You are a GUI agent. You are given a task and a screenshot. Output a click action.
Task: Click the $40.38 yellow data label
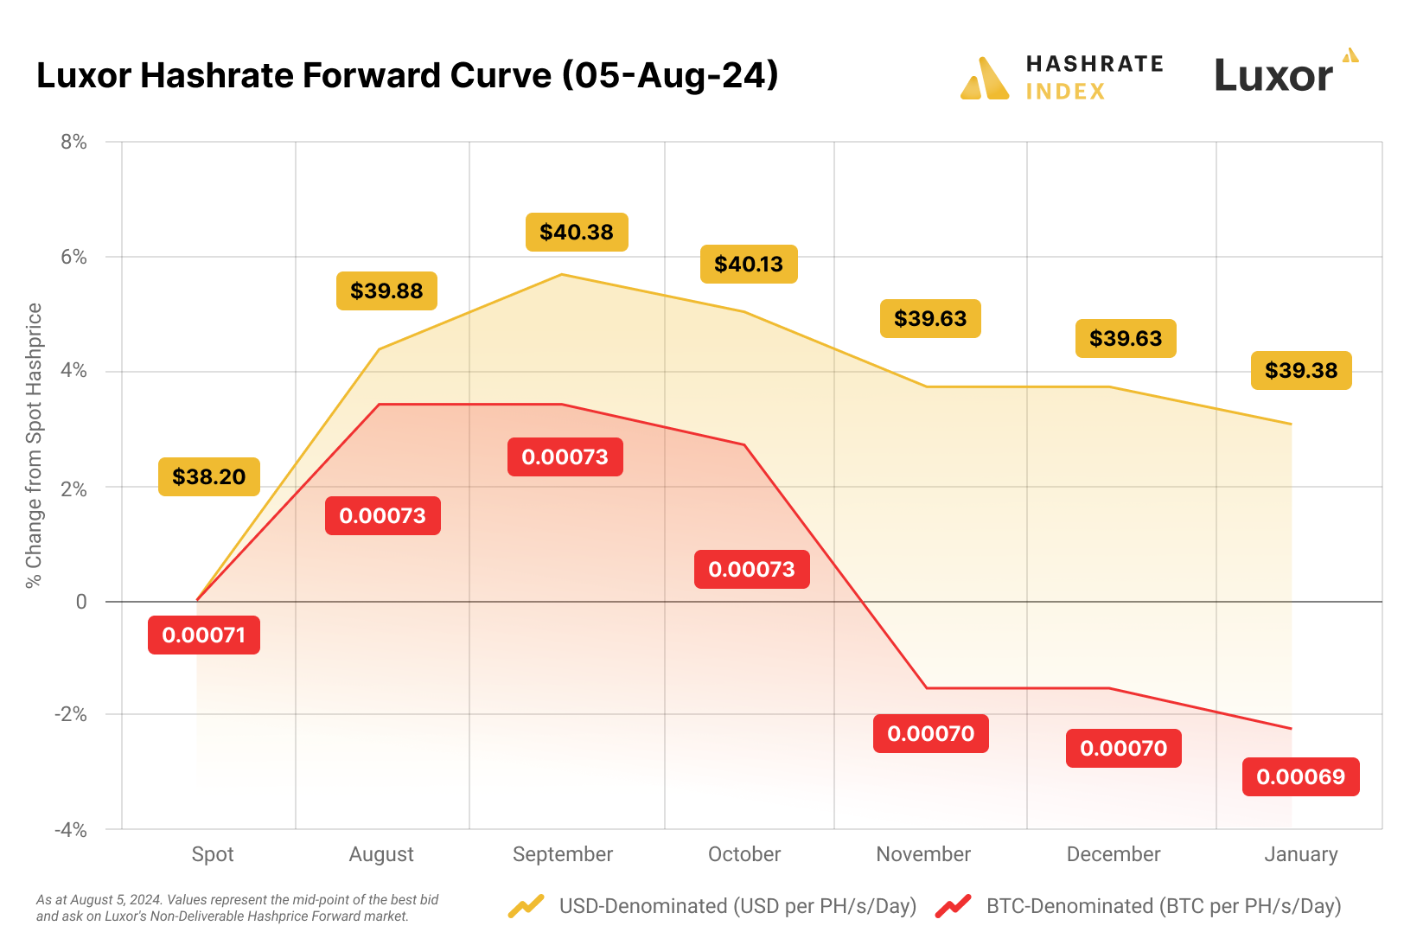(577, 233)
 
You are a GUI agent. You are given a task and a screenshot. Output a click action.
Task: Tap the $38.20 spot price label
(209, 476)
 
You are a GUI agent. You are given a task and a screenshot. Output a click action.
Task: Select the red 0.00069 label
(1300, 776)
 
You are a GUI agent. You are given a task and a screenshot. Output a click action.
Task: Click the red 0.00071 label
(204, 635)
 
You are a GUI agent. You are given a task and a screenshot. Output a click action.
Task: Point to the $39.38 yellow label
(1300, 371)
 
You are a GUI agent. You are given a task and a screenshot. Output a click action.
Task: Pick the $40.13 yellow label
(749, 264)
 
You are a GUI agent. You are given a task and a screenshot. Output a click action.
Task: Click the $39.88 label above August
(386, 291)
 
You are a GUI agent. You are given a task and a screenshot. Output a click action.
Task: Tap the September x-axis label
(563, 854)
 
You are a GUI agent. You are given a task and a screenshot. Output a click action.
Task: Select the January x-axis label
(1300, 854)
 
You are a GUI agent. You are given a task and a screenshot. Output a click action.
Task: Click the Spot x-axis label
(213, 854)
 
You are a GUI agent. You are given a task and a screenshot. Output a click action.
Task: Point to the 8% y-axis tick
(74, 142)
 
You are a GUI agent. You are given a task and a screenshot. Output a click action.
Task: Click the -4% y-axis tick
(71, 830)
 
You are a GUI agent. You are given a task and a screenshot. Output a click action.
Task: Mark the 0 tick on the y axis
(81, 602)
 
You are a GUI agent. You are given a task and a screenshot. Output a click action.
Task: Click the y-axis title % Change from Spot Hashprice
(34, 445)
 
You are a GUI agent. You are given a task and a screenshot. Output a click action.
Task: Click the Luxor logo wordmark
(1274, 76)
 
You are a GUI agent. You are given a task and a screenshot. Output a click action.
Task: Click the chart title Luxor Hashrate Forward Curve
(407, 76)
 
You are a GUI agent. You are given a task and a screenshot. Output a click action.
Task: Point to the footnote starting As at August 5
(237, 908)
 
